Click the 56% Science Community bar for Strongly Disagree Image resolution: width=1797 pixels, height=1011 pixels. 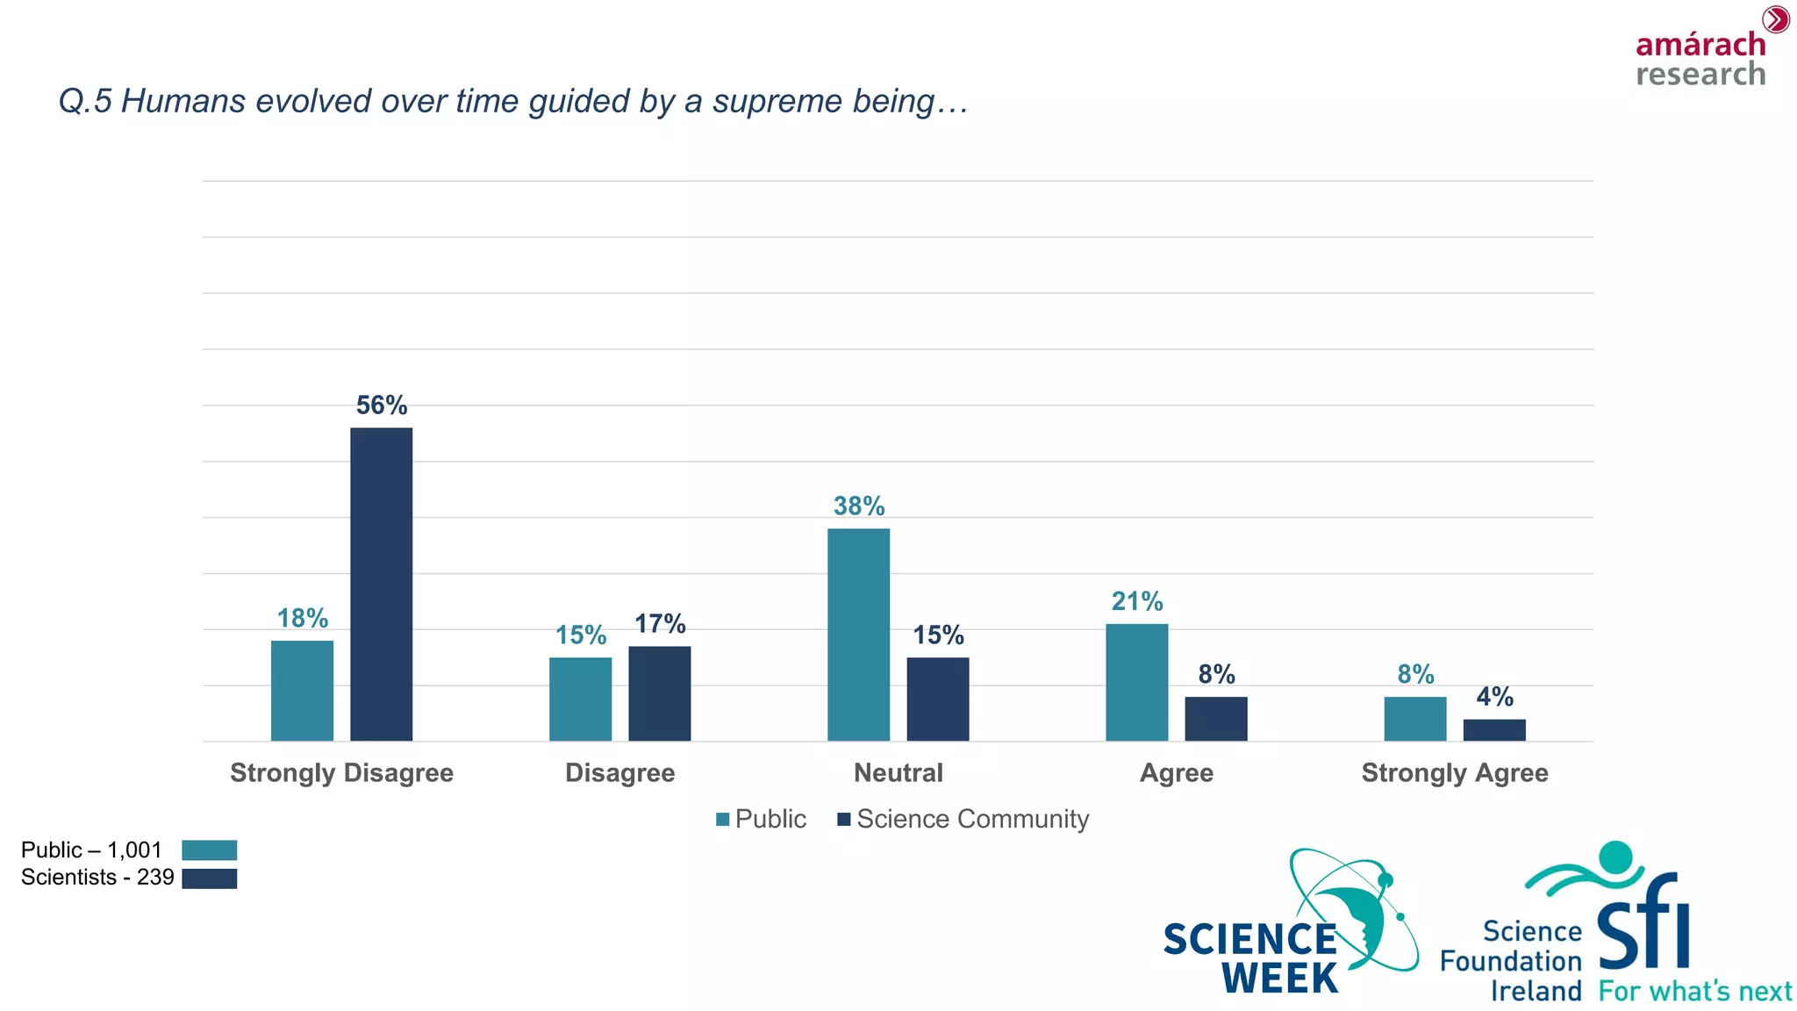[x=381, y=584]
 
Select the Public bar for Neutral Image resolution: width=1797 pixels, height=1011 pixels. [x=858, y=635]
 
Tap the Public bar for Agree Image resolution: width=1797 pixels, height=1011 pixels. [x=1136, y=682]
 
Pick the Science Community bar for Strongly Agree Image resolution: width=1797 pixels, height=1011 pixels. [x=1493, y=730]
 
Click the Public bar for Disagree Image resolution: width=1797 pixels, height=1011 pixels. [x=580, y=699]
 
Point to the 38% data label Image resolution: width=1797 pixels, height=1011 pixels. [x=858, y=506]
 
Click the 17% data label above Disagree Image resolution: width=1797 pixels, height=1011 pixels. [x=659, y=624]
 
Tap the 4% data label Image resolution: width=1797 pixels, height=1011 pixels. [x=1493, y=697]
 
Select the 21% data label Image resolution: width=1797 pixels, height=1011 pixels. [x=1136, y=601]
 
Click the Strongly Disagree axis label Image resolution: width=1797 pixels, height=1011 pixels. [x=341, y=773]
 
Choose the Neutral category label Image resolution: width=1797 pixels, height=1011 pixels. [x=898, y=773]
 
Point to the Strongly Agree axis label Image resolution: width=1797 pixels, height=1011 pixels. [x=1454, y=773]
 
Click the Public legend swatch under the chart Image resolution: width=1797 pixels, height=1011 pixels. [x=723, y=820]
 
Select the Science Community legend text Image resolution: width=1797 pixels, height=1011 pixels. [x=972, y=819]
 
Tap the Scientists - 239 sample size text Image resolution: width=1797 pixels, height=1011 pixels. [x=97, y=878]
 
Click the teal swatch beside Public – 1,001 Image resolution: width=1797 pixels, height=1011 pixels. [x=209, y=850]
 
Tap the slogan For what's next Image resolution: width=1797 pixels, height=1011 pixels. [x=1694, y=992]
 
